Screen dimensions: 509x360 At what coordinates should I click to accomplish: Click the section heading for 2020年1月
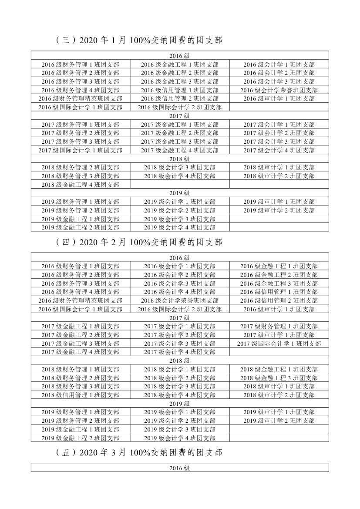point(139,40)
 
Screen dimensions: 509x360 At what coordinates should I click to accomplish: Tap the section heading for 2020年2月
point(139,242)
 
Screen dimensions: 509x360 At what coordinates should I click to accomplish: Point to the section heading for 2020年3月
point(139,453)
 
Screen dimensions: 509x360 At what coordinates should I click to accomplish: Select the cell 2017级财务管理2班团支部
point(81,133)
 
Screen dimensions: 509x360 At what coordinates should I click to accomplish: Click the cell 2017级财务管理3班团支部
point(81,142)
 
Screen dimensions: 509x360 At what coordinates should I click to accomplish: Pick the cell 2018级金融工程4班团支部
point(81,185)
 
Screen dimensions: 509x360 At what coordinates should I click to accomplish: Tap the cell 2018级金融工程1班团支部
point(279,369)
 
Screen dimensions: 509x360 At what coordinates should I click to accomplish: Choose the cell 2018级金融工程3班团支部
point(279,378)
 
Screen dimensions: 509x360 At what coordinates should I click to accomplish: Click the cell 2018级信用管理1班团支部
point(81,395)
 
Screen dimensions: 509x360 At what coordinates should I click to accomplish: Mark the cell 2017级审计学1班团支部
point(279,335)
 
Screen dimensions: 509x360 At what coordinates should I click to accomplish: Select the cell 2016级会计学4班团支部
point(180,292)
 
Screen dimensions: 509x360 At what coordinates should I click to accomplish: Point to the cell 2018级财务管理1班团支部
point(81,369)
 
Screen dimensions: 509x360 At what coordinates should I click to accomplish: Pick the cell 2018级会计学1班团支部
point(180,369)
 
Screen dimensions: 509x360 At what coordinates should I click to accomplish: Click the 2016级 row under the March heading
point(180,468)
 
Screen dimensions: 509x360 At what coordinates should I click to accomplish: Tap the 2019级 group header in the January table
point(180,193)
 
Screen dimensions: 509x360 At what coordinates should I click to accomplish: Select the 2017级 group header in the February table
point(180,317)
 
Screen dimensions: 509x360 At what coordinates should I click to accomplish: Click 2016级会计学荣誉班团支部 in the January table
point(279,90)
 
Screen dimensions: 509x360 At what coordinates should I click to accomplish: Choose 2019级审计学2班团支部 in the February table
point(279,421)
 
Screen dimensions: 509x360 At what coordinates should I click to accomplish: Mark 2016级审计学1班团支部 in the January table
point(279,98)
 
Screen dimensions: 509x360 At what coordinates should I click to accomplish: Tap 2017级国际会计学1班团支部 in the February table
point(279,344)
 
